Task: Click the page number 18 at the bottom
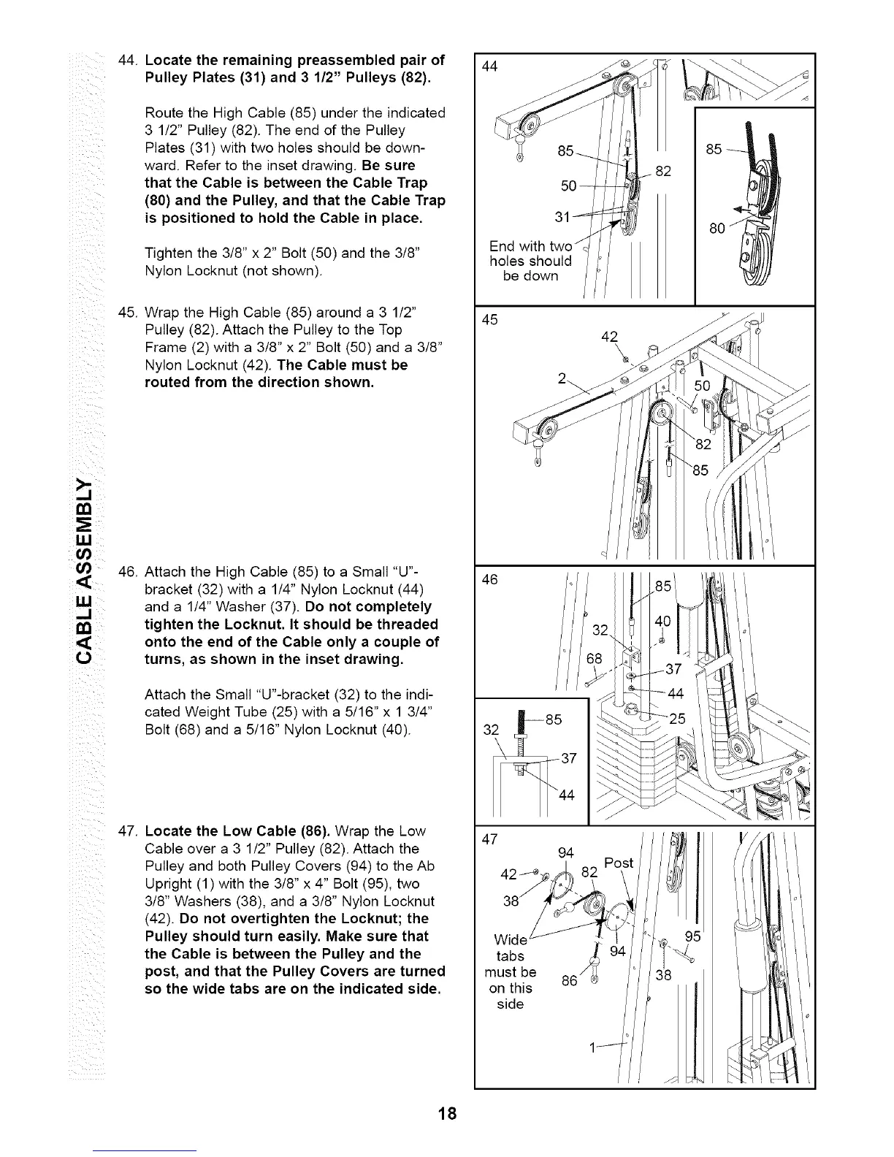click(448, 1113)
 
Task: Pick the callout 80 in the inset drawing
click(717, 229)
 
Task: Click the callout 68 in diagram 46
click(596, 660)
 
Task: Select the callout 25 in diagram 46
click(677, 718)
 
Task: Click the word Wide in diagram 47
click(510, 939)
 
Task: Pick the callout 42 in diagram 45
click(609, 337)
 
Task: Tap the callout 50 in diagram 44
click(569, 186)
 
